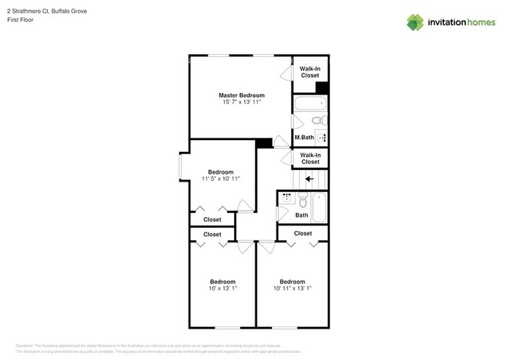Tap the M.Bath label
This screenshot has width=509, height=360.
[304, 138]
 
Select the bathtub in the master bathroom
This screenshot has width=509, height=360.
[310, 104]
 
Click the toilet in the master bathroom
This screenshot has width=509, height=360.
[319, 121]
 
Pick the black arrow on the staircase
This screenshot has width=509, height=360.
[310, 178]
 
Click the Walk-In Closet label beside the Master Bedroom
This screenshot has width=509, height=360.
[310, 72]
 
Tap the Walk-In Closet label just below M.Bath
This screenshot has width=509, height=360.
[310, 159]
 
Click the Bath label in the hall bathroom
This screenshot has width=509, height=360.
[301, 215]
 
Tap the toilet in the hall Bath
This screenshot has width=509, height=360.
[302, 200]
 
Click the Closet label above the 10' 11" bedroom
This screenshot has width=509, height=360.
[303, 233]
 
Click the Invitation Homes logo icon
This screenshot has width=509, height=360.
[414, 23]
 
